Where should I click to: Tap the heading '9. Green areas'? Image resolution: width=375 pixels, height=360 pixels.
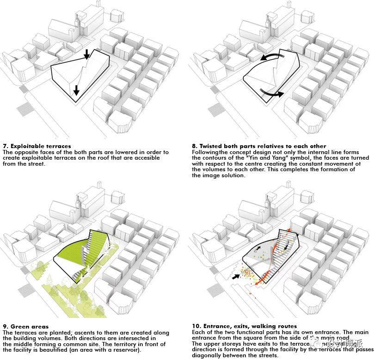25,327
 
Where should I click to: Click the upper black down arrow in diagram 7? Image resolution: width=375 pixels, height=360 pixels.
86,55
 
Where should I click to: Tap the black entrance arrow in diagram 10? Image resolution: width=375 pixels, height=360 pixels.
236,277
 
